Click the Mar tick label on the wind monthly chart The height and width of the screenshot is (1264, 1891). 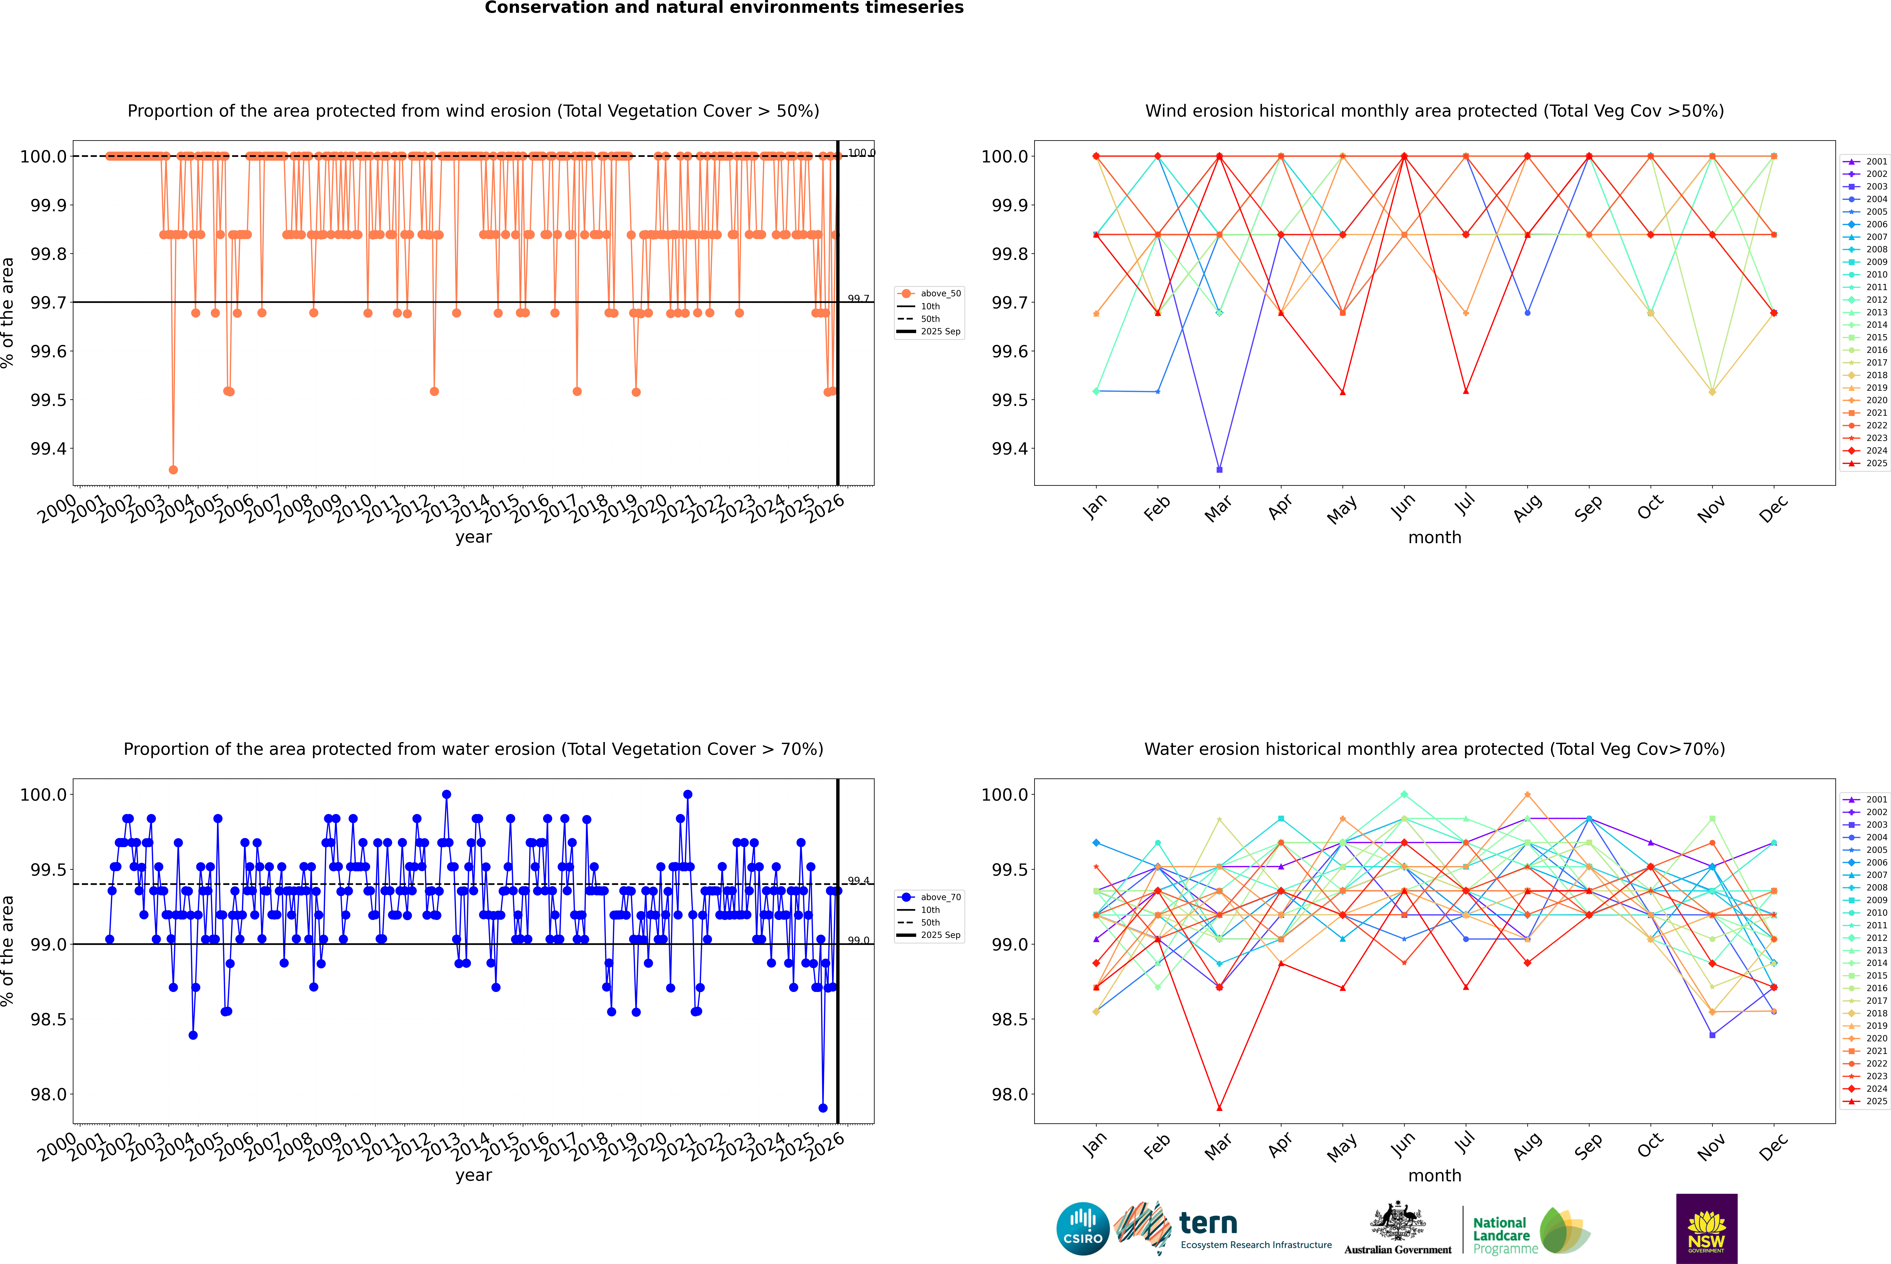pyautogui.click(x=1218, y=509)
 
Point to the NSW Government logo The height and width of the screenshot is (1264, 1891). pyautogui.click(x=1706, y=1229)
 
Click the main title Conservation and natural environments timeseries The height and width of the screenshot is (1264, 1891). pyautogui.click(x=724, y=8)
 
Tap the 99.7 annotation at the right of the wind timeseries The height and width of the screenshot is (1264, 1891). pyautogui.click(x=858, y=298)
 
